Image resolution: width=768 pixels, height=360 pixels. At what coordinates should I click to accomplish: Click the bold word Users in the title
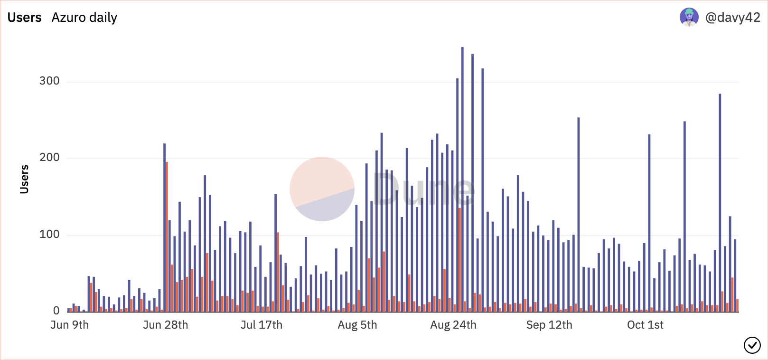point(25,18)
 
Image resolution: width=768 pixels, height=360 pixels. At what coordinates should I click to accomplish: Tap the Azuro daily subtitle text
point(84,18)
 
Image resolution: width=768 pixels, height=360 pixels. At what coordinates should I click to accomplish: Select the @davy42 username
point(732,18)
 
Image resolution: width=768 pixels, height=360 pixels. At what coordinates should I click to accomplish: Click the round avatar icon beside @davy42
point(689,17)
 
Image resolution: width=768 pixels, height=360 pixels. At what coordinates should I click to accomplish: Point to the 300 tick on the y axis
point(49,81)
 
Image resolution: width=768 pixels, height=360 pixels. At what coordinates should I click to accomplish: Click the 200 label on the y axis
point(49,158)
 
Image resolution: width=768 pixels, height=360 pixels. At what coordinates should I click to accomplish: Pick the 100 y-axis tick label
point(49,235)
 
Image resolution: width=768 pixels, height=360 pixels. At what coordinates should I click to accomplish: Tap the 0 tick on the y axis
point(56,311)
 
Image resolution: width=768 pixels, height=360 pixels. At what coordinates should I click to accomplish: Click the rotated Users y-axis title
point(24,180)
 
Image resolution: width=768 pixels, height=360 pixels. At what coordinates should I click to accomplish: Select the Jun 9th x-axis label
point(69,325)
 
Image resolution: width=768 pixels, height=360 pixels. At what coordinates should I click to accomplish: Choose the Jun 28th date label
point(165,325)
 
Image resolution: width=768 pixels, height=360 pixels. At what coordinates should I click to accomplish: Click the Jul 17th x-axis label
point(261,325)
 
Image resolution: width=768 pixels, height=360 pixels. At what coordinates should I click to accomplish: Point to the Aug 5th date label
point(357,325)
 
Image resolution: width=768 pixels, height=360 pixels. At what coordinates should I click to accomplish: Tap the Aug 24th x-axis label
point(453,325)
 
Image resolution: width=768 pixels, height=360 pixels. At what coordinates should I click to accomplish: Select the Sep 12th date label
point(549,325)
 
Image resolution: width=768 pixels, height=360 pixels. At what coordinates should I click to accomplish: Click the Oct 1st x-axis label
point(645,325)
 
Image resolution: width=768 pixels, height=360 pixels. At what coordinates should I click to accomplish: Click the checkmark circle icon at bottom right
point(752,345)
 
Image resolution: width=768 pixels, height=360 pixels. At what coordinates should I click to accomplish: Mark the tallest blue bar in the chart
point(462,180)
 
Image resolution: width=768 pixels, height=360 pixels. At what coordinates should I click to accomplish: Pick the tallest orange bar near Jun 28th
point(167,237)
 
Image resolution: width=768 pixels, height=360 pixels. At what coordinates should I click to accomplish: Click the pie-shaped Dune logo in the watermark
point(322,189)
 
